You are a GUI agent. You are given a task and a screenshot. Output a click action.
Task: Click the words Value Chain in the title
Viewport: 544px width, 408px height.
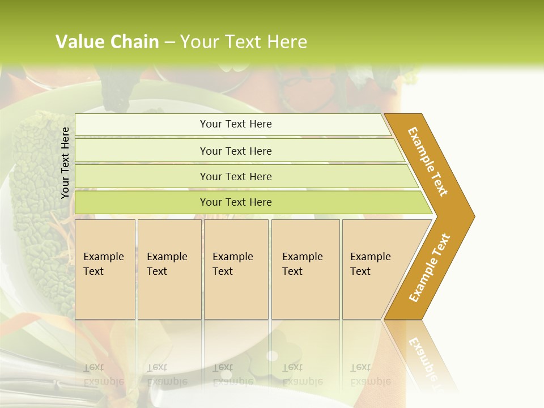coord(107,42)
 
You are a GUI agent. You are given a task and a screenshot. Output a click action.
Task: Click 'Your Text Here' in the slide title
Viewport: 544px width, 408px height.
coord(244,42)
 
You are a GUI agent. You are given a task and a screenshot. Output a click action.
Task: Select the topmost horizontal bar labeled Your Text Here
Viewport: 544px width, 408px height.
coord(235,124)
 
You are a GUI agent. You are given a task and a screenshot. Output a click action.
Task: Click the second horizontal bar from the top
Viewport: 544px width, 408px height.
coord(235,151)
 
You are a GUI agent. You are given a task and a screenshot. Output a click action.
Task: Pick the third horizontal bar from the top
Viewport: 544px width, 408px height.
coord(235,176)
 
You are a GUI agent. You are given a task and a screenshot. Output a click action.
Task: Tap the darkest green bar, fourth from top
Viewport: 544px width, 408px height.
coord(235,202)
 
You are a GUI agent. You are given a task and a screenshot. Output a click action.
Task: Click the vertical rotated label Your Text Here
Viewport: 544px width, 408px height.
coord(65,163)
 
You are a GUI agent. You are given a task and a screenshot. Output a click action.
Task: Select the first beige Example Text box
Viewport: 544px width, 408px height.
coord(105,269)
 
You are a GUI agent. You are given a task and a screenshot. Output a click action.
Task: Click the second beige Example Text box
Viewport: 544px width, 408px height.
coord(169,269)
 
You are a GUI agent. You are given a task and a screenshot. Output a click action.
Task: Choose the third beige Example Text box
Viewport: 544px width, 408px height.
coord(235,269)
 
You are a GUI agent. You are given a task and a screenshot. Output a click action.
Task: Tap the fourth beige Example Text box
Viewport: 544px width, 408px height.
coord(305,269)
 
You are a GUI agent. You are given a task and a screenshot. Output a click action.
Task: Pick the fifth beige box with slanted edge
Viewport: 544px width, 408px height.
coord(374,269)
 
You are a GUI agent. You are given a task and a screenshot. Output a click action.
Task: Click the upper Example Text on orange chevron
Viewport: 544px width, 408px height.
coord(428,161)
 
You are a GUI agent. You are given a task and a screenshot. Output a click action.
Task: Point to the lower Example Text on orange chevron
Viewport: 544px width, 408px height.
coord(430,268)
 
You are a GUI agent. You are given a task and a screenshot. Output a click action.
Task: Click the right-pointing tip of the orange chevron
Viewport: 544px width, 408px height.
coord(471,216)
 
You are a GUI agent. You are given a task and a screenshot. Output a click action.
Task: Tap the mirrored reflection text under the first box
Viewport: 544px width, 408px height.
coord(104,375)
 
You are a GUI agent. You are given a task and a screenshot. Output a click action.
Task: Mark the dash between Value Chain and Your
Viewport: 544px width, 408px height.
coord(169,42)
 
